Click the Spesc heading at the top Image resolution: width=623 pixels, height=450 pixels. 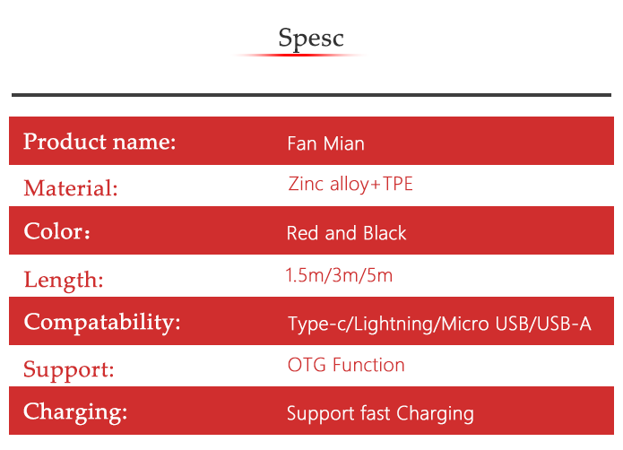[311, 39]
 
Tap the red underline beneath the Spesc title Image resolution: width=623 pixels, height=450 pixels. [300, 55]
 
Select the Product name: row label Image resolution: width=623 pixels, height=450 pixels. [100, 142]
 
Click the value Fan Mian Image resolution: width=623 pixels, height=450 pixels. [325, 143]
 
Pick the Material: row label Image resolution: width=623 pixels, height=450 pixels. [71, 188]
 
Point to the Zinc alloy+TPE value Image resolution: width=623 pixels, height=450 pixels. [350, 185]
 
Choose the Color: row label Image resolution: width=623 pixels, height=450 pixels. [56, 231]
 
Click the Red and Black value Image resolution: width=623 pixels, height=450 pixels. [347, 233]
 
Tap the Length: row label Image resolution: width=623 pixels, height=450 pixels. [64, 281]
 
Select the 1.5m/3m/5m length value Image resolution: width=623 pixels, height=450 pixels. [340, 275]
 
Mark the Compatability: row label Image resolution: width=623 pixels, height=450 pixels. [102, 323]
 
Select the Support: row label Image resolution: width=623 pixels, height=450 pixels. [69, 369]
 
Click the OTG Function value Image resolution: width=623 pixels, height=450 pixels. [346, 365]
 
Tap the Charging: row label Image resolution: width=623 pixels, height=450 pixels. [75, 412]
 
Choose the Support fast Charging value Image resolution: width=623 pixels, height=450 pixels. [380, 414]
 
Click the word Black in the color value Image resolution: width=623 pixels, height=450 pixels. [385, 233]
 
